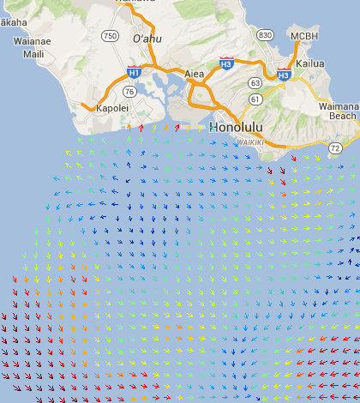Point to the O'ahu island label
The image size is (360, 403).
[x=147, y=40]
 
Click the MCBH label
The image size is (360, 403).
[x=303, y=36]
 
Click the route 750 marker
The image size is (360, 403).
[x=110, y=36]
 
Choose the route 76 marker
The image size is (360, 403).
[x=129, y=91]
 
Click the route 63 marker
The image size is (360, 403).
[x=255, y=83]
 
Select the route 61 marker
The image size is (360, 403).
[x=255, y=101]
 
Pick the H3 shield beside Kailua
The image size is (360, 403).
[x=284, y=75]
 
